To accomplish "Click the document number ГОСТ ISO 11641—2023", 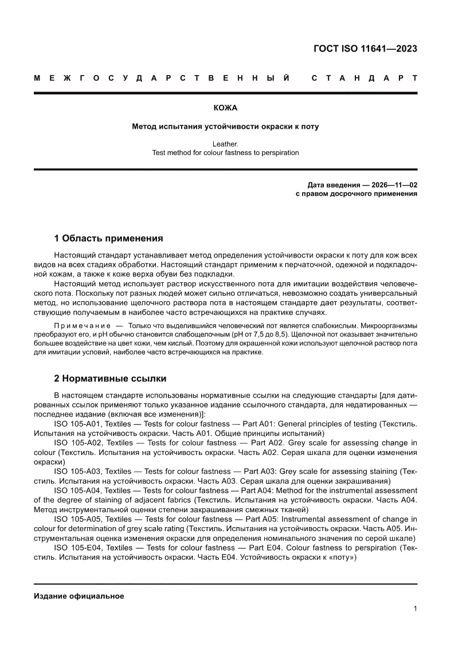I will click(x=365, y=49).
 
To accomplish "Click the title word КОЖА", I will click(x=225, y=108).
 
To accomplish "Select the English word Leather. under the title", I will click(x=225, y=144).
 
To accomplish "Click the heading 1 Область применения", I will click(x=108, y=238).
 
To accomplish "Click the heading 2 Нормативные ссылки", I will click(x=110, y=378).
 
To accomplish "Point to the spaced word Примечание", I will click(x=81, y=325).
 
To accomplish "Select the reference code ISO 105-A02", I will click(x=79, y=442).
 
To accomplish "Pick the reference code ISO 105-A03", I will click(x=79, y=472).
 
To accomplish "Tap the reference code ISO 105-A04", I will click(x=79, y=490).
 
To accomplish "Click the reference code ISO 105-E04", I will click(x=79, y=548).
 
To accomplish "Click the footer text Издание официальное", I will click(x=79, y=596).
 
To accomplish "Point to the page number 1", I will click(x=415, y=609).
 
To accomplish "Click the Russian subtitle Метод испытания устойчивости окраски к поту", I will click(x=225, y=126).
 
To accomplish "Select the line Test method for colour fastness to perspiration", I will click(x=225, y=153).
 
